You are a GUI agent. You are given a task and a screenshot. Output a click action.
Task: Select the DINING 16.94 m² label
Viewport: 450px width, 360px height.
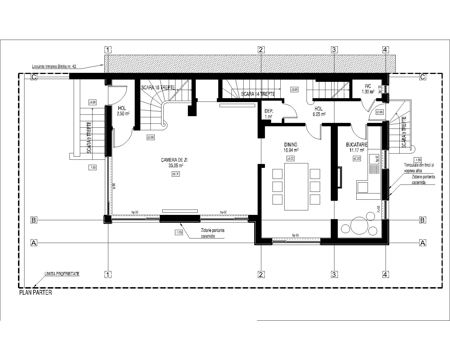(291, 147)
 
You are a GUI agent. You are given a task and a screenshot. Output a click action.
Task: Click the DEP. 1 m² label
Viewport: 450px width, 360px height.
(269, 114)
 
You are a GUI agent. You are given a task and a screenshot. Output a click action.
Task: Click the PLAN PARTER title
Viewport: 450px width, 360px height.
(35, 293)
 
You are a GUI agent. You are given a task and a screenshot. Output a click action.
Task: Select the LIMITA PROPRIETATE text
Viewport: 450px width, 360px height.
(62, 274)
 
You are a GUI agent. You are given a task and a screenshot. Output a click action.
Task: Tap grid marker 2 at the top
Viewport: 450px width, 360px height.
(261, 50)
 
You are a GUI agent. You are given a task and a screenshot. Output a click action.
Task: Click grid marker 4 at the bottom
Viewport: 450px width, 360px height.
(386, 274)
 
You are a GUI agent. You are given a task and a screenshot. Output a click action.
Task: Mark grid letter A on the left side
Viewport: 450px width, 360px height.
(34, 243)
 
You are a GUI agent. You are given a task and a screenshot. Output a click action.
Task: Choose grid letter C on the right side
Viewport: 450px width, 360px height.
(422, 77)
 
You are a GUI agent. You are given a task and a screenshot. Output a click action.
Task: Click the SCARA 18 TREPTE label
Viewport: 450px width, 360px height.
(158, 87)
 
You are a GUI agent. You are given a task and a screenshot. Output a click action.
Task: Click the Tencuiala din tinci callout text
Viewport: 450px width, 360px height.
(419, 168)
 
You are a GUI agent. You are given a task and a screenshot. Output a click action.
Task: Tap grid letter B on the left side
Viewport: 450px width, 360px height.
(34, 220)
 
